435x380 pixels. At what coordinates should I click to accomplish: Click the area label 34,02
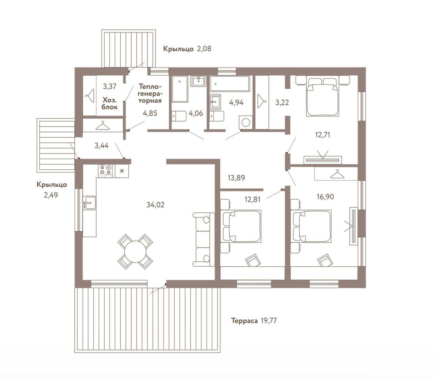tap(155, 205)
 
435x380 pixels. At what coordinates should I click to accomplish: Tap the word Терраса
tap(244, 320)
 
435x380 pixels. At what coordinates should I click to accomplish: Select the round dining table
tap(136, 251)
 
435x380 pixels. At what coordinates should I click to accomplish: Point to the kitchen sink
tap(90, 203)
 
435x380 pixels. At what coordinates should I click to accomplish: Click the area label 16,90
tap(325, 197)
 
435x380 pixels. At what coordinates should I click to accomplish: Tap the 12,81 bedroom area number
tap(253, 199)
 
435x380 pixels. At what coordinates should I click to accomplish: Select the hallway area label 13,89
tap(236, 178)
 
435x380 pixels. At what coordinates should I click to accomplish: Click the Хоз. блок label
tap(109, 103)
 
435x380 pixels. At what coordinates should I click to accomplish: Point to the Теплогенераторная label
tap(150, 93)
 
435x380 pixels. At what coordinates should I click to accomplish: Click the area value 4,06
tap(196, 113)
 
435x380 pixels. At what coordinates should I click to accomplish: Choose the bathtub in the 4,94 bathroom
tap(230, 84)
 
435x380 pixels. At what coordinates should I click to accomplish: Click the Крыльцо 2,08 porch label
tap(187, 49)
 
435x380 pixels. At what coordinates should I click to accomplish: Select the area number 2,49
tap(51, 195)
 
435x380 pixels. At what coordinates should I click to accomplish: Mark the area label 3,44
tap(101, 146)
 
